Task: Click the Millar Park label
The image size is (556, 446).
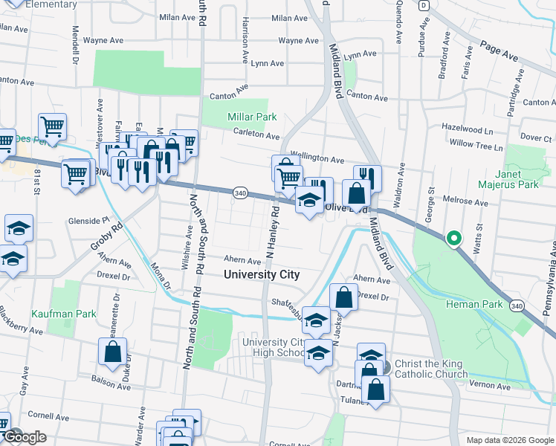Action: [x=251, y=117]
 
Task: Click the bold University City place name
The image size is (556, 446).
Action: [x=262, y=274]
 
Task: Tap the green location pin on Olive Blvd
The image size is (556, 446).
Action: [x=453, y=239]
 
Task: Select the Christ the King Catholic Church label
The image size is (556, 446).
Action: [x=430, y=369]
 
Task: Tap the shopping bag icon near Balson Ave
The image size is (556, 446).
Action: [x=112, y=352]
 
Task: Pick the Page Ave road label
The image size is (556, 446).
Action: [x=500, y=53]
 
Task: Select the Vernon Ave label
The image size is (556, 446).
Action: [x=491, y=387]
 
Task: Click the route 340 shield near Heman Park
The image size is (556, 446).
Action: [x=517, y=305]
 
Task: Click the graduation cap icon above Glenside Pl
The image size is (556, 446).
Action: [x=19, y=228]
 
